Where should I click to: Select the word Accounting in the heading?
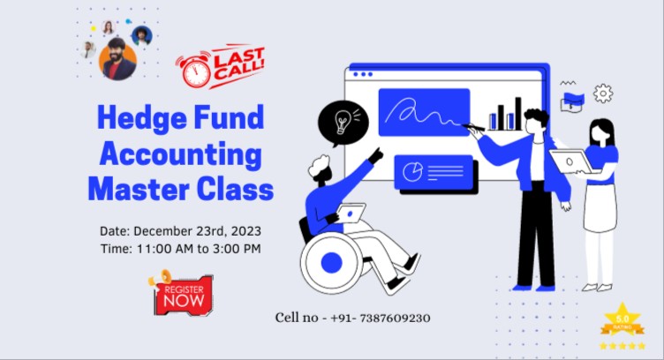point(180,154)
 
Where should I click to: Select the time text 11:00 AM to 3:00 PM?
point(201,249)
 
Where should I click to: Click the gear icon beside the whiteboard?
point(603,93)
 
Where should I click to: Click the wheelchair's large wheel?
point(332,262)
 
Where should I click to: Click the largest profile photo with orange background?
point(117,60)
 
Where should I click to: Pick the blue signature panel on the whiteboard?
point(424,112)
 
